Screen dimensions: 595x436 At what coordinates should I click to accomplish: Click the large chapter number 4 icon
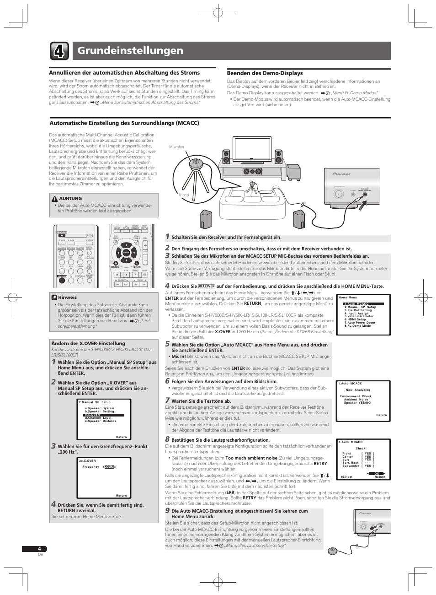59,51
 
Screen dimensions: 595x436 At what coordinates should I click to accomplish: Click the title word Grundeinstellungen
130,51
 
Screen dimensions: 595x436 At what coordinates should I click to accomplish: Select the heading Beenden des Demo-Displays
265,73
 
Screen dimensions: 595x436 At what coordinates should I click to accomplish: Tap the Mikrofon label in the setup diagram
176,147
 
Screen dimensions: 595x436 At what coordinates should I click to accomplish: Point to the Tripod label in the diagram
184,195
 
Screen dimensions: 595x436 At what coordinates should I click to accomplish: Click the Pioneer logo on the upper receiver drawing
341,174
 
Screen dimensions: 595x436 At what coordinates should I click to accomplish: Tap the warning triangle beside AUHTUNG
54,199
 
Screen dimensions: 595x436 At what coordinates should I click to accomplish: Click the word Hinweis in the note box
67,297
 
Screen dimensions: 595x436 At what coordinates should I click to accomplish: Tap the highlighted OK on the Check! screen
377,473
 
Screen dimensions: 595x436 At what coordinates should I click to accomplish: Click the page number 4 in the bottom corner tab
39,549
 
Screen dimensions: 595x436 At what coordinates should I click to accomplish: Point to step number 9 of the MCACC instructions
167,510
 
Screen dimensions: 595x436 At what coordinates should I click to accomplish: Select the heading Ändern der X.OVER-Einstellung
88,343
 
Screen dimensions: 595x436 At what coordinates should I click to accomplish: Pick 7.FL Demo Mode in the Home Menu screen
358,326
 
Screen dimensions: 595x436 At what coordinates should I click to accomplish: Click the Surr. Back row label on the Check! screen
351,463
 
